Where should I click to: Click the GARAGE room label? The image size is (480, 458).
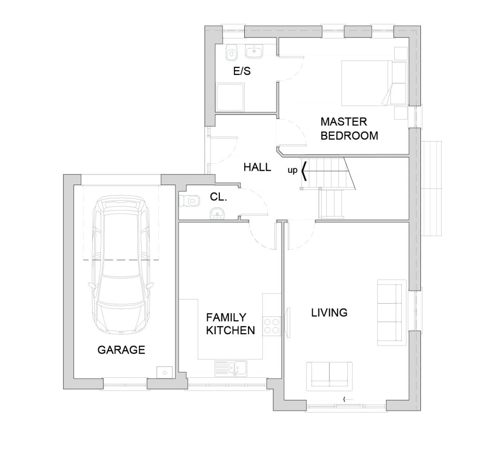[121, 350]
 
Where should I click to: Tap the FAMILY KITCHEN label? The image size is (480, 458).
[231, 324]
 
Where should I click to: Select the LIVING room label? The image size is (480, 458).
[330, 313]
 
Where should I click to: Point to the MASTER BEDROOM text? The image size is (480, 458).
[349, 128]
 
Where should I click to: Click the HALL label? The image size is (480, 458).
[257, 167]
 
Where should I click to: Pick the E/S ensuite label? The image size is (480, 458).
[242, 71]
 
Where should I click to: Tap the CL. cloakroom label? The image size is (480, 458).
[218, 197]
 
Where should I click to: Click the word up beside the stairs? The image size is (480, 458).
[292, 171]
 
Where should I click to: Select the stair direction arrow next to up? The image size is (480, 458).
[304, 170]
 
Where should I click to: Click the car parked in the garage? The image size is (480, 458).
[121, 265]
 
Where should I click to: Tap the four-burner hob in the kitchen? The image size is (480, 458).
[271, 326]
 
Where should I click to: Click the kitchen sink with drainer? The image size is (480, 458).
[231, 368]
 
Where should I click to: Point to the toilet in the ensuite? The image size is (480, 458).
[231, 53]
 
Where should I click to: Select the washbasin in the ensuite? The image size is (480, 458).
[254, 51]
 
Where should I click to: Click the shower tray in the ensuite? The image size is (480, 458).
[231, 98]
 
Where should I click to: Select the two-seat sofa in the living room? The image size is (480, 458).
[330, 376]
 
